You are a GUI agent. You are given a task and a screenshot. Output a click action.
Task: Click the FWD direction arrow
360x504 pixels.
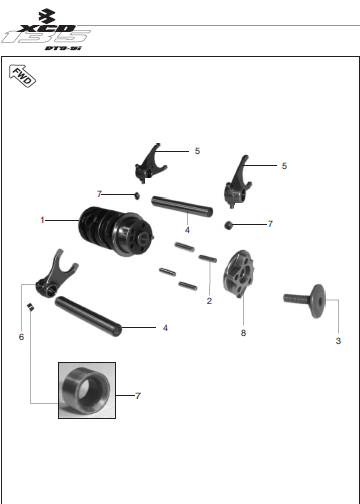point(22,76)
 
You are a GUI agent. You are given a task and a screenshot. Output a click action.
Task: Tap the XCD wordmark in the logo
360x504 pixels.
point(47,28)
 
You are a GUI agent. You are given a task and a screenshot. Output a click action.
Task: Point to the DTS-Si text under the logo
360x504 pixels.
point(63,48)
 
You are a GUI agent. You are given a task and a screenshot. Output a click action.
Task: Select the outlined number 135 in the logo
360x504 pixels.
point(46,37)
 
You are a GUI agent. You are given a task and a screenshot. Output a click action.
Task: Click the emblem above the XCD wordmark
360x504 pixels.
point(47,16)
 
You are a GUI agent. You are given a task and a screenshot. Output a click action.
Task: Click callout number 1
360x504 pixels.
point(42,220)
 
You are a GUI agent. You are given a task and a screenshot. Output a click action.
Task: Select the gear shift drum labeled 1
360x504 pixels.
point(116,231)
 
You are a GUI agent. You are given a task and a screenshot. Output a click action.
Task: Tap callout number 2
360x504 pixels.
point(209,301)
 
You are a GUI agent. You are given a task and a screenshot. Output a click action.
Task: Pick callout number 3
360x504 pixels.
point(338,341)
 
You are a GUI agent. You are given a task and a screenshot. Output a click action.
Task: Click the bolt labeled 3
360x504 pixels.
point(304,301)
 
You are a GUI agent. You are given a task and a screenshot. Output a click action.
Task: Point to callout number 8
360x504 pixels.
point(243,333)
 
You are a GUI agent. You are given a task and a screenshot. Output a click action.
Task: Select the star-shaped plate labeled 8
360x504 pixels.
point(240,274)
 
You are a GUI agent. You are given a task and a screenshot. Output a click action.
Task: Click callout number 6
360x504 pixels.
point(21,337)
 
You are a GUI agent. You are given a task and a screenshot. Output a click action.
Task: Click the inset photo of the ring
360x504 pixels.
point(87,390)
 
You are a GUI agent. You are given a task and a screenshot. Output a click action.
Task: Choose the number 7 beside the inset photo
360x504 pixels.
point(138,396)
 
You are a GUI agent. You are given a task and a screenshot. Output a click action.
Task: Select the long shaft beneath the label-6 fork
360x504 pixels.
point(88,316)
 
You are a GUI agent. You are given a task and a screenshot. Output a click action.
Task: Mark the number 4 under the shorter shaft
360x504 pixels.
point(187,230)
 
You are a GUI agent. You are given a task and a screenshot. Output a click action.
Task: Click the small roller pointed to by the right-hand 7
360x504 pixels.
point(228,225)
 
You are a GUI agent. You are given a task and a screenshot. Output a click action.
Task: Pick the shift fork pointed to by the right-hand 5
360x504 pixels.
point(237,182)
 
